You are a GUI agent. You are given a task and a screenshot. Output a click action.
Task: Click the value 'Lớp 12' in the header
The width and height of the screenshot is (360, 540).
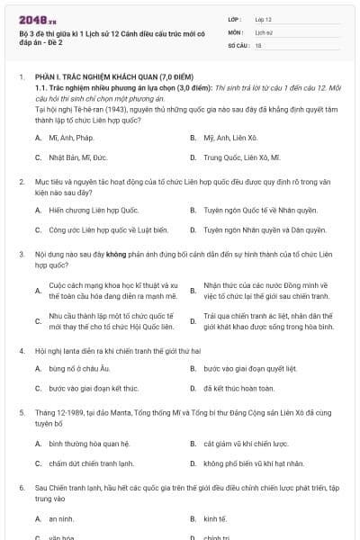pos(263,19)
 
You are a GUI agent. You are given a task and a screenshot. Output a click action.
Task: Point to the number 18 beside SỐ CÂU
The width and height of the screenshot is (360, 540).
pos(258,44)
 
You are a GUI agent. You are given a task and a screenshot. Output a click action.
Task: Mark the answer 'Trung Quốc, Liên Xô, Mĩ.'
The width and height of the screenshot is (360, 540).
pos(242,157)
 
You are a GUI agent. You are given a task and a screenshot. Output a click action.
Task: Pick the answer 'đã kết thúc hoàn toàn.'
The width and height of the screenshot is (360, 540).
pos(238,389)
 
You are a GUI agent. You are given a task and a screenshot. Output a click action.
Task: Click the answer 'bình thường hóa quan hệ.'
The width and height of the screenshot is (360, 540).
pos(90,444)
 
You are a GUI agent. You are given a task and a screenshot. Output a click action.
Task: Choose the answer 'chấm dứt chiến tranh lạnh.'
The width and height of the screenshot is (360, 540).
pos(91,463)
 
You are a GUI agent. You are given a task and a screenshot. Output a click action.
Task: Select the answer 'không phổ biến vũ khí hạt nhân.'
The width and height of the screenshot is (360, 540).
pos(254,463)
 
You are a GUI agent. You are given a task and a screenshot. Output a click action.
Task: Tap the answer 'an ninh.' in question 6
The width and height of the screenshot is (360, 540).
pos(61,519)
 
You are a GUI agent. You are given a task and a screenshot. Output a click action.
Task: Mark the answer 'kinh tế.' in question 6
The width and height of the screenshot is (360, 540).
pos(215,519)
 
